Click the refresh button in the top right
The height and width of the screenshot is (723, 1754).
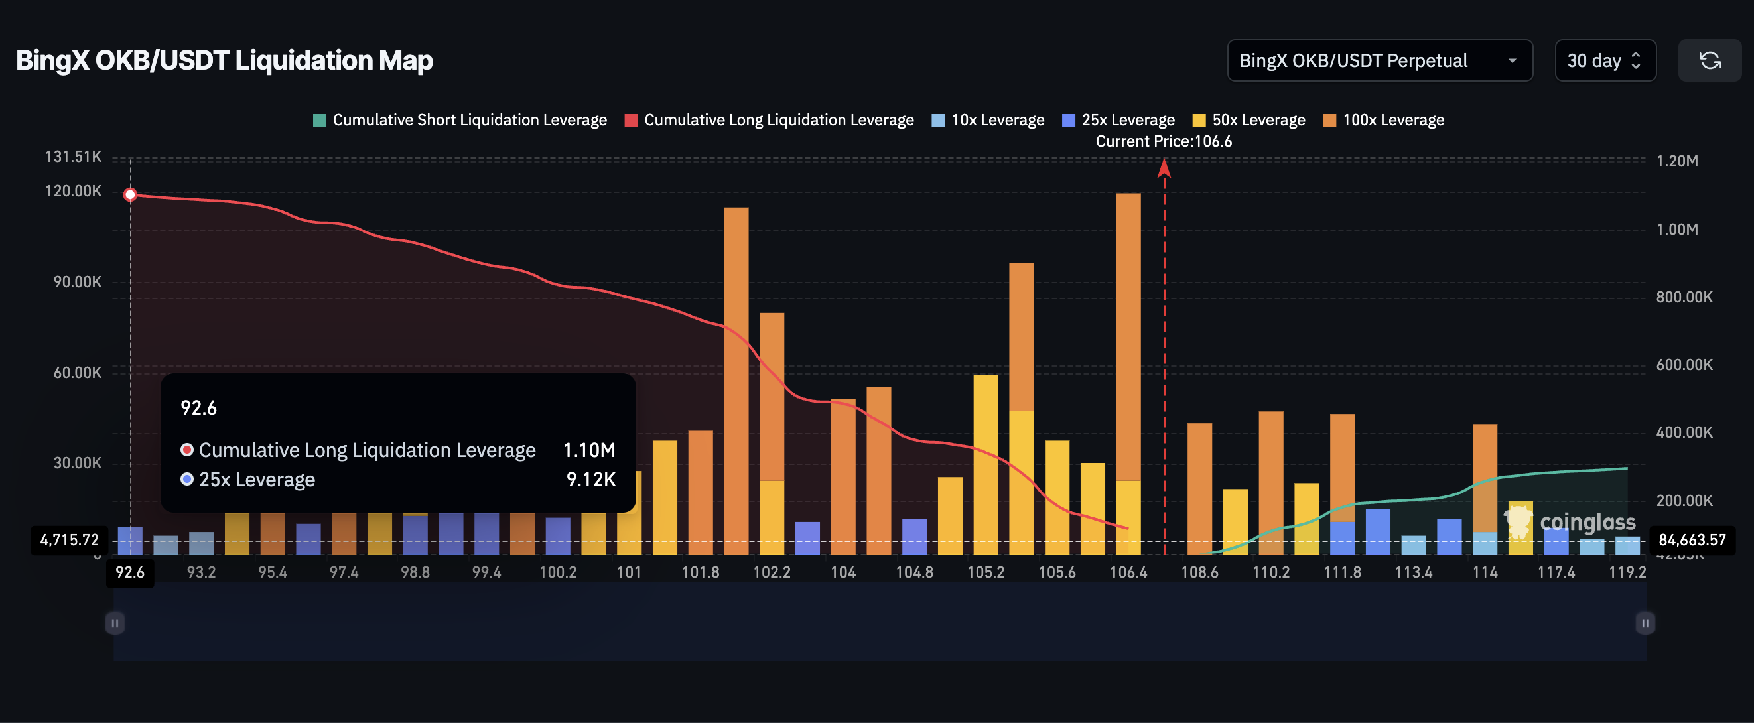coord(1709,60)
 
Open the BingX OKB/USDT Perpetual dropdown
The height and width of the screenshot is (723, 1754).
coord(1379,60)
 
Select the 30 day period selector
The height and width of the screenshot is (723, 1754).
coord(1604,60)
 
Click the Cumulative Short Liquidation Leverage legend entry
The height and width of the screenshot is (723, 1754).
coord(460,120)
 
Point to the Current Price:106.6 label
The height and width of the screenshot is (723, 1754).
coord(1163,141)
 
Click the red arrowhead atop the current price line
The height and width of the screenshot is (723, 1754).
coord(1164,167)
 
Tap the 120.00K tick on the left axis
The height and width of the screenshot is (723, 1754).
coord(73,190)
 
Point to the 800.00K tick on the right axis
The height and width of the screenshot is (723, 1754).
coord(1684,296)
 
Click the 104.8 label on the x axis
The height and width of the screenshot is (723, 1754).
coord(913,572)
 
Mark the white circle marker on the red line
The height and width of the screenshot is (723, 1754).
coord(130,195)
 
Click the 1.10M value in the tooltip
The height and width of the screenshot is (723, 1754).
coord(589,450)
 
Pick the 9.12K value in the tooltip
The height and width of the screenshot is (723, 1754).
coord(590,480)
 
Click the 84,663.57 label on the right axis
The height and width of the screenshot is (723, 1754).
coord(1692,540)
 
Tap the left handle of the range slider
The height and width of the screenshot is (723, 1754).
coord(115,622)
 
